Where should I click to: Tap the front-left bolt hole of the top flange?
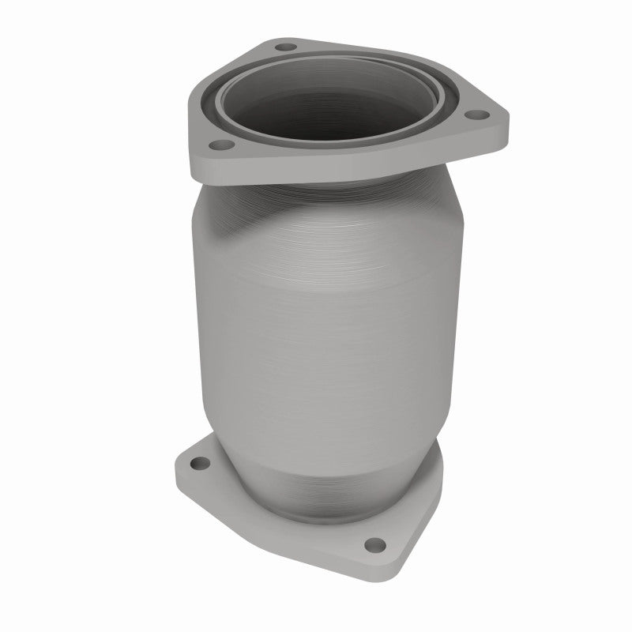coord(220,145)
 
